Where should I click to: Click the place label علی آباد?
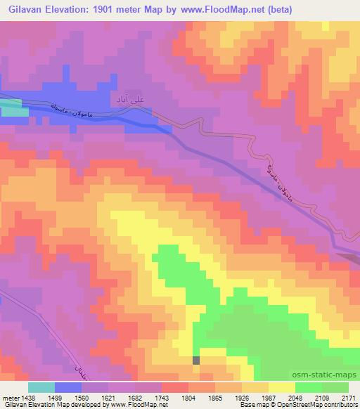pyautogui.click(x=127, y=103)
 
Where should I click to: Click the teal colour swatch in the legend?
pyautogui.click(x=41, y=387)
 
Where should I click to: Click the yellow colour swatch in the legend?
pyautogui.click(x=281, y=387)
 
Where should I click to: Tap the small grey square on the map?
pyautogui.click(x=196, y=360)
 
